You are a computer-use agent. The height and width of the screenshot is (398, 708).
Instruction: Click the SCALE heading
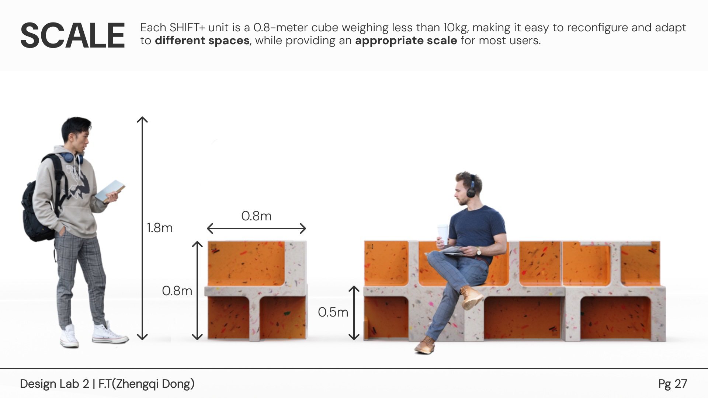click(73, 35)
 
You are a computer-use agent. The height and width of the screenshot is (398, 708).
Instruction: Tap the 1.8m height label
click(160, 228)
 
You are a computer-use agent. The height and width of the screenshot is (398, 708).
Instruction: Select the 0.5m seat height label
click(333, 312)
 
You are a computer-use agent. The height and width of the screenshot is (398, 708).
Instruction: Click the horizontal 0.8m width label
click(256, 216)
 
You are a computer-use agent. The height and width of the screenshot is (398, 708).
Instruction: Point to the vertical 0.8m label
click(177, 291)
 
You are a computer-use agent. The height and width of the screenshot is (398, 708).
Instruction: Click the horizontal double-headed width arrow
click(257, 228)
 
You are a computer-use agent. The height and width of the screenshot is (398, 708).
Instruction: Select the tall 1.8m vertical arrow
click(142, 228)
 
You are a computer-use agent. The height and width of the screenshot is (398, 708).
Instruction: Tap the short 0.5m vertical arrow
click(354, 313)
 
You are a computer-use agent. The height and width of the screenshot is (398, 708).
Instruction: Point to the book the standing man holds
click(110, 191)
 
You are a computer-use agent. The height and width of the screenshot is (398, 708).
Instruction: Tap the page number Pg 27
click(673, 384)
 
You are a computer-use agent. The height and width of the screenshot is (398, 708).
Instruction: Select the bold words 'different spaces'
click(202, 41)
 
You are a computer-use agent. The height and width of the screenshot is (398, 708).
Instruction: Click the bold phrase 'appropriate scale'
click(406, 41)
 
